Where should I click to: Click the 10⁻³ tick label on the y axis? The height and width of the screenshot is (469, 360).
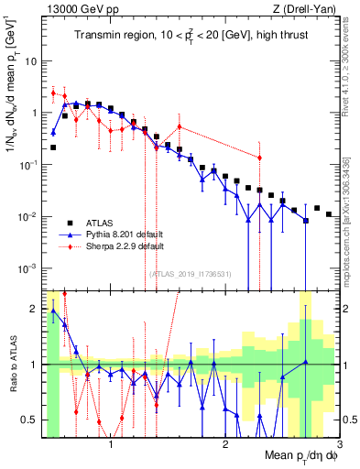click(28, 268)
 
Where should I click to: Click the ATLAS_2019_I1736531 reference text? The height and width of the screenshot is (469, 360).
click(189, 274)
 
